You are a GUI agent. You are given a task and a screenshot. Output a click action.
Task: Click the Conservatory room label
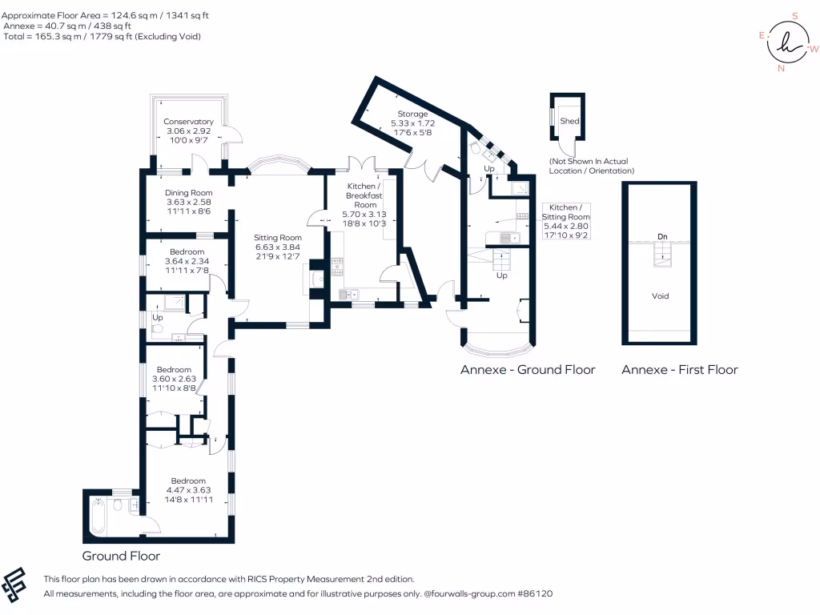coord(189,122)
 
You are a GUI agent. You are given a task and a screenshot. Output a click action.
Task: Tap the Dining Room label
coord(189,193)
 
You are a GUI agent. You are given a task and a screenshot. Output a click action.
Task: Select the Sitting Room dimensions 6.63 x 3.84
coord(278,247)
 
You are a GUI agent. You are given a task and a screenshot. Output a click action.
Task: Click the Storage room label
coord(412,115)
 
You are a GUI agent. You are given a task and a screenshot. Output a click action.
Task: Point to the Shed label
coord(569,121)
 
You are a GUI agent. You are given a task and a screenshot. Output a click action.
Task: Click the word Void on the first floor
coord(660,296)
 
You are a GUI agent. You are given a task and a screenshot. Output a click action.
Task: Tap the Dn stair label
coord(661,237)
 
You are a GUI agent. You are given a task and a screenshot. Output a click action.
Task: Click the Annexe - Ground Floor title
coord(528,370)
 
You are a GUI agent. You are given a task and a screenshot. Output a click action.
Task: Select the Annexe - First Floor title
coord(680,370)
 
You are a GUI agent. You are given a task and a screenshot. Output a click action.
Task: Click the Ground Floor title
coord(121,556)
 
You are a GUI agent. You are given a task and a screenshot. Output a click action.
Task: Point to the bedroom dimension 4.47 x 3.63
coord(189,490)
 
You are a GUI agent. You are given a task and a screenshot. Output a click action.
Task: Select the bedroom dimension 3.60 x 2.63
coord(174,379)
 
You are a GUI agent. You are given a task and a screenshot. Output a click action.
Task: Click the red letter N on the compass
coord(781,68)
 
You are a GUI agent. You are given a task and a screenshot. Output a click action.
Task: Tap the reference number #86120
coord(534,594)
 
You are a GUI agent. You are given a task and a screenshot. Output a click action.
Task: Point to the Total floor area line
coord(107,37)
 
